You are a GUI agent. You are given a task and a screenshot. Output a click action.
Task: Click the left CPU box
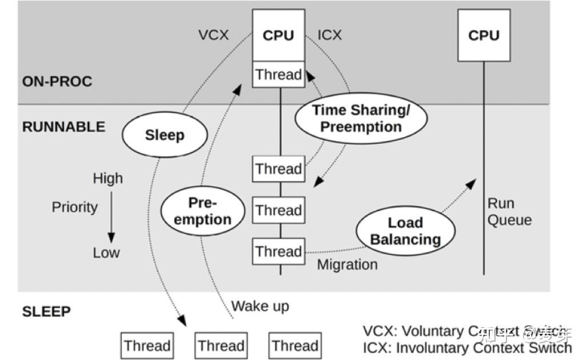[x=278, y=35]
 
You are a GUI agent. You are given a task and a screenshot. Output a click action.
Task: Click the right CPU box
[x=484, y=35]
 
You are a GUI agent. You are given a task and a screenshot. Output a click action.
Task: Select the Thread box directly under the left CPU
[x=278, y=75]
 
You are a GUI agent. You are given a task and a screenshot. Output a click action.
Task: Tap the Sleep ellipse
[x=164, y=135]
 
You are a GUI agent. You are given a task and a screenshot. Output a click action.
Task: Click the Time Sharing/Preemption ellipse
[x=360, y=118]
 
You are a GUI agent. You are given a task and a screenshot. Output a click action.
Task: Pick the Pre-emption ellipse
[x=203, y=211]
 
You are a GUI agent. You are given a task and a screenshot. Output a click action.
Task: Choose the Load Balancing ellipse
[x=405, y=231]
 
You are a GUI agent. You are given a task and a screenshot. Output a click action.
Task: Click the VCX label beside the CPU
[x=214, y=35]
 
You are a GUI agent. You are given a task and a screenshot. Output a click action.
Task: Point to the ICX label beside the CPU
[x=329, y=35]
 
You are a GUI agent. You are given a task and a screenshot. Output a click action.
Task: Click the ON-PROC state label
[x=57, y=81]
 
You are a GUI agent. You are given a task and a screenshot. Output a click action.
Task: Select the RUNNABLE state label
[x=63, y=126]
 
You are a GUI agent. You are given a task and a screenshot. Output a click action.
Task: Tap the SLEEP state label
[x=46, y=311]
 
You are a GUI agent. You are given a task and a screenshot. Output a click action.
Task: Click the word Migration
[x=347, y=265]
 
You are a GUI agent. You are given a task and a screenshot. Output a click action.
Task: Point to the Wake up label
[x=260, y=306]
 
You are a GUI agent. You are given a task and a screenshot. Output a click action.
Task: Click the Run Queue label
[x=509, y=212]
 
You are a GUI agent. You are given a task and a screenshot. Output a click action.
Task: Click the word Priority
[x=75, y=207]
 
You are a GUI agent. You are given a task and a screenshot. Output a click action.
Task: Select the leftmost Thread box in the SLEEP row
[x=147, y=346]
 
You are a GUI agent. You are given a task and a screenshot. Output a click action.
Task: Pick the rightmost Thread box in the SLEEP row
[x=294, y=346]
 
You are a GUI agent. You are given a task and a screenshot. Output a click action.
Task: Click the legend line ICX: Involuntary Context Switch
[x=467, y=347]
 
